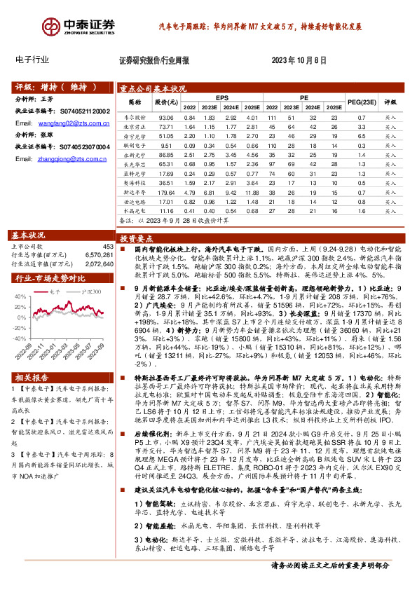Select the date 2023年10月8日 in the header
pyautogui.click(x=297, y=60)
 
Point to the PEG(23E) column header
pyautogui.click(x=360, y=103)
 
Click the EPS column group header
pyautogui.click(x=221, y=98)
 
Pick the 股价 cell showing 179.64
pyautogui.click(x=166, y=191)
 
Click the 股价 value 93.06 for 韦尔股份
pyautogui.click(x=166, y=118)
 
